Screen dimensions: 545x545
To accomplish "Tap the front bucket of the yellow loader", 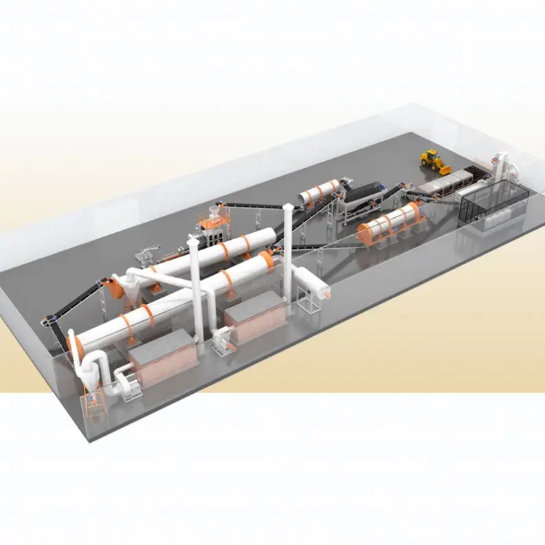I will pyautogui.click(x=443, y=168).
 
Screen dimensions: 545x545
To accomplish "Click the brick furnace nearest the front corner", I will pyautogui.click(x=164, y=356).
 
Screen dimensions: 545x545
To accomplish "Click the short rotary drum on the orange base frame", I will pyautogui.click(x=389, y=221).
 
